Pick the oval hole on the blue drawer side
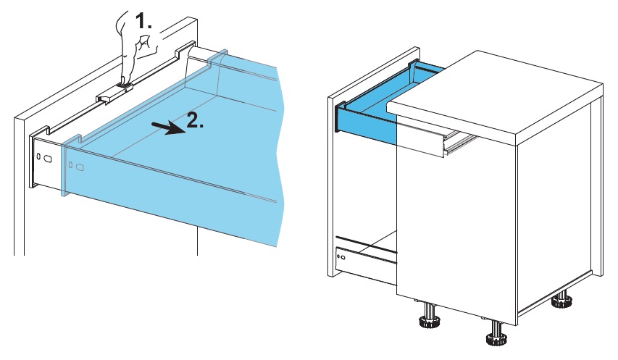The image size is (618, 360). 80,168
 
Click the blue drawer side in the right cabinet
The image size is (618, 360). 366,123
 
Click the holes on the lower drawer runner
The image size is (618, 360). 341,256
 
